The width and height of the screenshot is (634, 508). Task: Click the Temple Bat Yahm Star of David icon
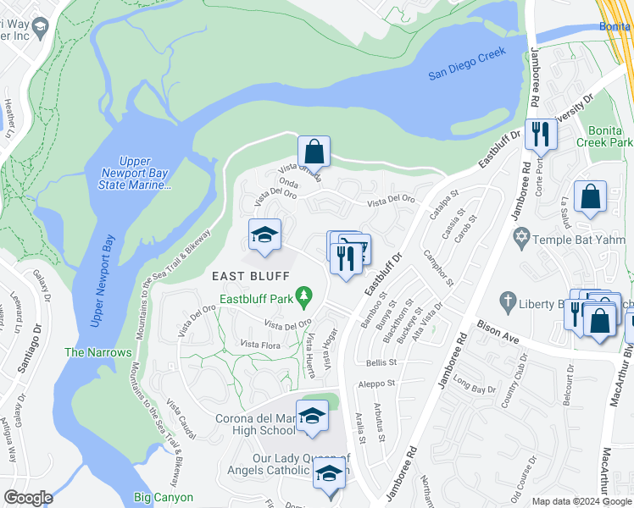pos(522,239)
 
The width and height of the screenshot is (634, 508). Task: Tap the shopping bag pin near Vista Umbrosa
pos(314,152)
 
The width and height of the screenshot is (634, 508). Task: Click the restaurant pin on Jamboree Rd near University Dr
pos(539,134)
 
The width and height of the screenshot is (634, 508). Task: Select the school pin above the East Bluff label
pos(264,235)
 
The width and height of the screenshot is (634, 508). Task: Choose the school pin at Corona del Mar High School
pos(313,417)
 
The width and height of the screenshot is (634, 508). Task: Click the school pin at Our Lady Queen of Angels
pos(329,474)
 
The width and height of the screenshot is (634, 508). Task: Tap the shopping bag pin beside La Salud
pos(590,196)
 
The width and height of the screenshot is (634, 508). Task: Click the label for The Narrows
pos(98,352)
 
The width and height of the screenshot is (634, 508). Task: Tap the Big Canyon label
pos(164,497)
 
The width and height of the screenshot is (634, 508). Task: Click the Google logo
pos(28,498)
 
